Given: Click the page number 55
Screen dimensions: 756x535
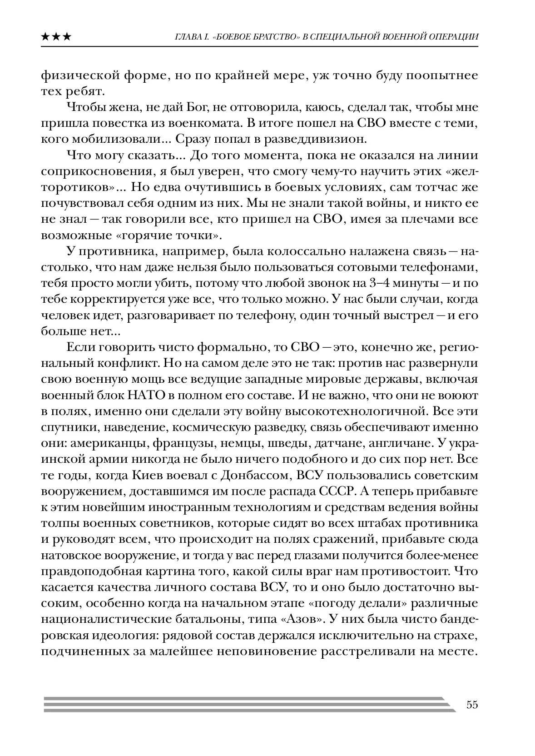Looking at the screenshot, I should (x=472, y=705).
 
